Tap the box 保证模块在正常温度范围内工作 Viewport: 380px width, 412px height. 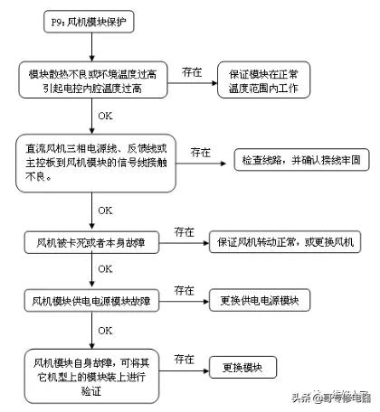pyautogui.click(x=263, y=82)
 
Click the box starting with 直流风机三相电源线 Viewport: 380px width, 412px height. pyautogui.click(x=90, y=159)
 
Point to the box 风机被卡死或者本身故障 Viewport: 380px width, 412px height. pyautogui.click(x=90, y=243)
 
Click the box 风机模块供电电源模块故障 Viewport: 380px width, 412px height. pyautogui.click(x=91, y=300)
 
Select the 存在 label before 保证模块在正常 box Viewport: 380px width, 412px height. pyautogui.click(x=192, y=70)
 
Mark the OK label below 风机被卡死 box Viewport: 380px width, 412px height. pyautogui.click(x=105, y=269)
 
